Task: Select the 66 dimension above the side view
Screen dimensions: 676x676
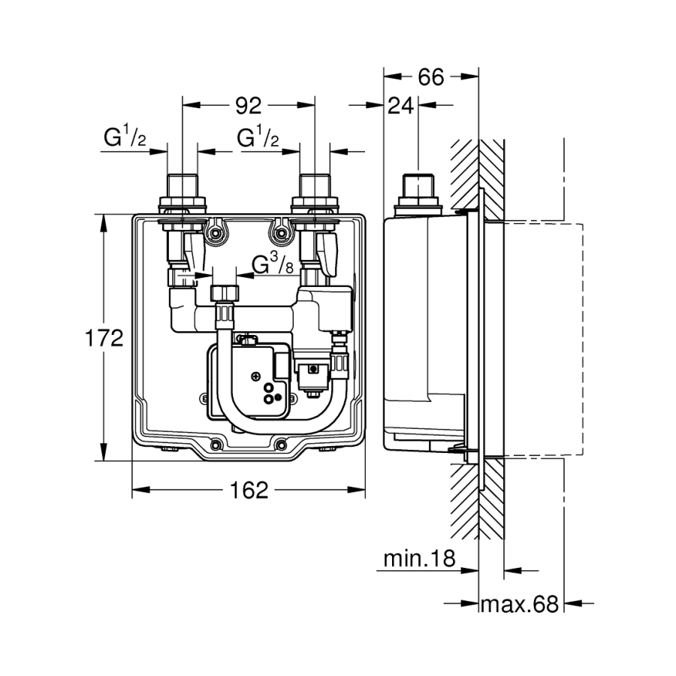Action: click(431, 77)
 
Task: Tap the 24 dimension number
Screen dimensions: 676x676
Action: click(401, 106)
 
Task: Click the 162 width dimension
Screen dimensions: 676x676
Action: click(249, 491)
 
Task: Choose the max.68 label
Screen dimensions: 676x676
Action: click(520, 603)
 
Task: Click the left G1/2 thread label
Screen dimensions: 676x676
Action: click(124, 138)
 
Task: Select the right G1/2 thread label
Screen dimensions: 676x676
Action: click(259, 138)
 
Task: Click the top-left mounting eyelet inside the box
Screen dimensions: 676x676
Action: click(217, 234)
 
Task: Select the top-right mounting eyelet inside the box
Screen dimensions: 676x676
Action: click(281, 234)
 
